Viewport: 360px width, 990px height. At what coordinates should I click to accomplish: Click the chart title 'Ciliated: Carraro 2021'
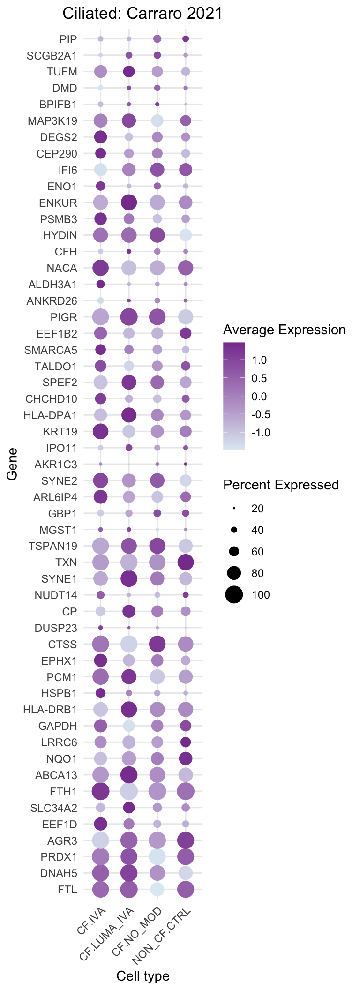click(x=142, y=14)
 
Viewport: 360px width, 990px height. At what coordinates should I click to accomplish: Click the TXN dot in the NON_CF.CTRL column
click(x=186, y=562)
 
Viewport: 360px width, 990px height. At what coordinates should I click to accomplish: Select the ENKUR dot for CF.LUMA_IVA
click(x=129, y=202)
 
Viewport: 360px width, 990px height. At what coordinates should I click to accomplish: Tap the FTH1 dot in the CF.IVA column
click(x=100, y=791)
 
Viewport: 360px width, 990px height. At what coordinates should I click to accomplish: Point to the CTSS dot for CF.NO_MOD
click(x=157, y=644)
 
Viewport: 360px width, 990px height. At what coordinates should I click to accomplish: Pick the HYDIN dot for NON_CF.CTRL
click(x=186, y=235)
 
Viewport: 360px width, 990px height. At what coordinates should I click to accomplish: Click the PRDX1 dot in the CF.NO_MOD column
click(x=157, y=856)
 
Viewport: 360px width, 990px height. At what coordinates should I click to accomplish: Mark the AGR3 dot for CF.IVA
click(x=100, y=840)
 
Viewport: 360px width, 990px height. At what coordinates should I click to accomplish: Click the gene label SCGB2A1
click(x=52, y=56)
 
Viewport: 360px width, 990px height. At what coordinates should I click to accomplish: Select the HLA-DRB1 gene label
click(x=50, y=710)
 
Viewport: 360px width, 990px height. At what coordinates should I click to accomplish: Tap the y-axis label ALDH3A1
click(x=52, y=285)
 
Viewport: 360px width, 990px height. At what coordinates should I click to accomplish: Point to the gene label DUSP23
click(x=56, y=628)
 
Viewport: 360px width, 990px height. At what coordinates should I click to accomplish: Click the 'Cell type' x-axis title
click(x=143, y=976)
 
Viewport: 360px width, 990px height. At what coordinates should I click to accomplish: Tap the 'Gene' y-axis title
click(x=12, y=464)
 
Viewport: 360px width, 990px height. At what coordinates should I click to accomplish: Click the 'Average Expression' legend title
click(x=285, y=330)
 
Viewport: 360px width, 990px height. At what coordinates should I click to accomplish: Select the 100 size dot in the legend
click(x=234, y=595)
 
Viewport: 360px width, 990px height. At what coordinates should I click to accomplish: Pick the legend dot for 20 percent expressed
click(x=234, y=509)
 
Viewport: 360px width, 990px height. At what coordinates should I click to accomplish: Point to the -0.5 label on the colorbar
click(x=261, y=415)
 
